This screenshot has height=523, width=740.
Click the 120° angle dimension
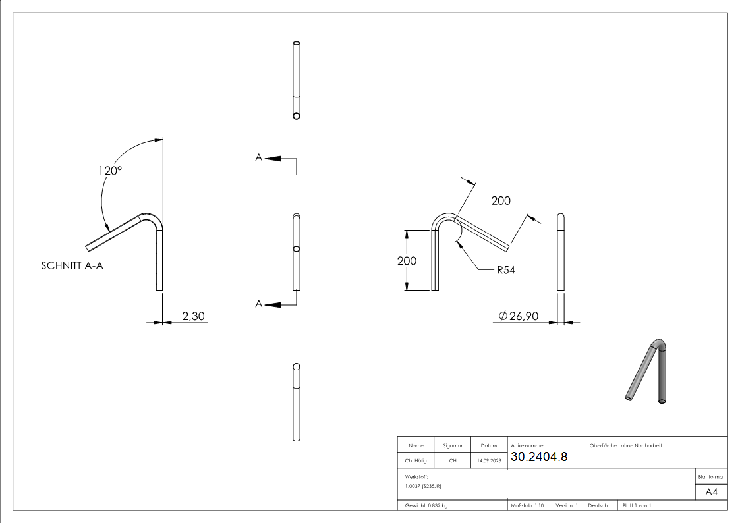[110, 170]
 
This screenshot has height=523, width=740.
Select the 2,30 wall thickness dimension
[193, 317]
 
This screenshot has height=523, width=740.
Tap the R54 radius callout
[505, 269]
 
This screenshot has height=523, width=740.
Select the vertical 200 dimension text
[407, 261]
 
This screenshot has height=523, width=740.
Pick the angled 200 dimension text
[501, 201]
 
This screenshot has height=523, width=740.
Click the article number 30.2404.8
[538, 457]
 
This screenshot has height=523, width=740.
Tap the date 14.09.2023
[488, 461]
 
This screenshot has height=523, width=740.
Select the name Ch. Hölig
[415, 461]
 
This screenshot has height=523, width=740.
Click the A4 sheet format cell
[711, 492]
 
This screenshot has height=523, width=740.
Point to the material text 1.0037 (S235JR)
[423, 486]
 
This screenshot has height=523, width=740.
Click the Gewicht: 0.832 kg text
[426, 505]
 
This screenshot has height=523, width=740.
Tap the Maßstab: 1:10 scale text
[527, 505]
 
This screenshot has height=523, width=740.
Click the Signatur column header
[453, 446]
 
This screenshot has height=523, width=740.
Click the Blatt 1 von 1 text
[637, 505]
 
